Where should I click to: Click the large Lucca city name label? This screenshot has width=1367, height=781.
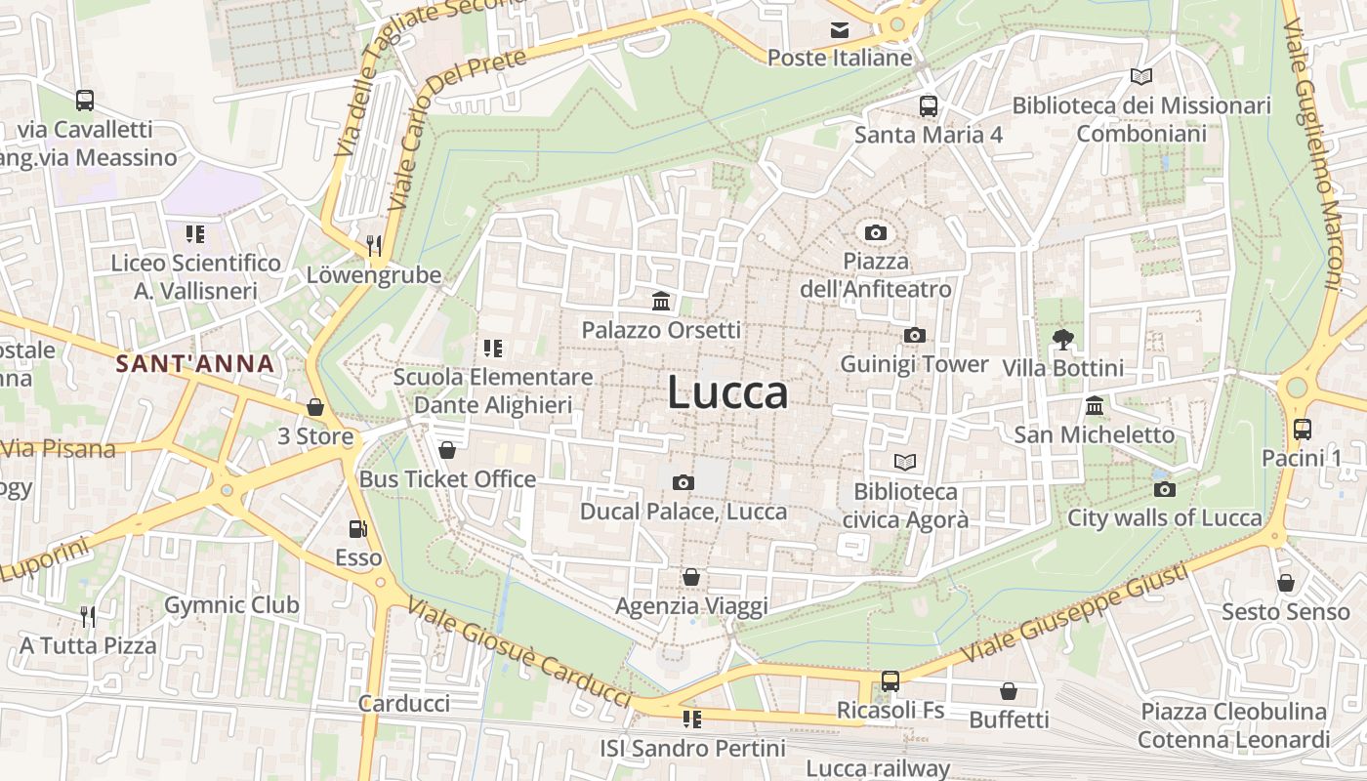pos(728,392)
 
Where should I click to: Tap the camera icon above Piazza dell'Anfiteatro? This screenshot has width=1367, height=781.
pos(876,232)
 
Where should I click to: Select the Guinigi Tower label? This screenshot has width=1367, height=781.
pos(915,364)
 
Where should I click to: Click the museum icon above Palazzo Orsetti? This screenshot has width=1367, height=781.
pos(661,301)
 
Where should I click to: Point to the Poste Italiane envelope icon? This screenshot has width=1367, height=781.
pos(840,30)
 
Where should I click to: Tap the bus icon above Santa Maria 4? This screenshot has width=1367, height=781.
pos(928,105)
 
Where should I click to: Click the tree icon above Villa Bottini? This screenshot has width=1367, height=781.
pos(1063,340)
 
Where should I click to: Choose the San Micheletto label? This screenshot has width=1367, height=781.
pos(1094,434)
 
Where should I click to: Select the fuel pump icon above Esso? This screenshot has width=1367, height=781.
pos(358,529)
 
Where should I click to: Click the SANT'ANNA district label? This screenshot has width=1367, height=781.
pos(194,364)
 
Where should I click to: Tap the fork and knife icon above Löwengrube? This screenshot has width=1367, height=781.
pos(374,245)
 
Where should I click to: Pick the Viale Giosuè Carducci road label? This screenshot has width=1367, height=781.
pos(519,651)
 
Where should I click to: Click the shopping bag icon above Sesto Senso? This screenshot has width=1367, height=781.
pos(1286,583)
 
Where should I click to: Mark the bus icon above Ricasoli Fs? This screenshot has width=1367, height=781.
pos(891,680)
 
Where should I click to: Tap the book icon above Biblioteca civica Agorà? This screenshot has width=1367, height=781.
pos(905,462)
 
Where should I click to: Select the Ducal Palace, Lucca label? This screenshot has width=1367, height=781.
pos(683,512)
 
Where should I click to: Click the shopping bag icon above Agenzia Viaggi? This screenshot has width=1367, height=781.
pos(691,577)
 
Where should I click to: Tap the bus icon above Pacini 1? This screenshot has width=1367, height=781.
pos(1302,429)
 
